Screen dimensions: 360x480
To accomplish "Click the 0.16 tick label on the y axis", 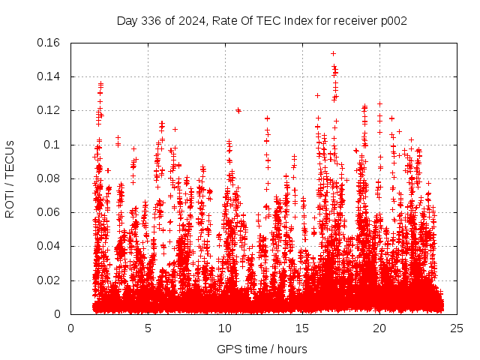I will click(x=49, y=43).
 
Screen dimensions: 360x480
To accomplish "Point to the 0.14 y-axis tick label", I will click(x=49, y=76).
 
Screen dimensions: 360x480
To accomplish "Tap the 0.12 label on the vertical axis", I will click(x=49, y=110).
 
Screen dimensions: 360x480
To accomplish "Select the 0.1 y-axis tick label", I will click(x=55, y=145).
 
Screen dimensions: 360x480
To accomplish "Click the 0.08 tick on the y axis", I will click(x=49, y=178).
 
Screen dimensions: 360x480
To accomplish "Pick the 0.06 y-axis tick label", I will click(x=49, y=212).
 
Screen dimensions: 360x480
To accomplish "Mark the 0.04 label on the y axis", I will click(x=49, y=246).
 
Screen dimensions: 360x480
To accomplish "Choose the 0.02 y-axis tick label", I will click(x=49, y=280).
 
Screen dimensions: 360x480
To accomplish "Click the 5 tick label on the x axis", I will click(x=148, y=328).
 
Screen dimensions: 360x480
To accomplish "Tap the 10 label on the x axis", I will click(x=225, y=328).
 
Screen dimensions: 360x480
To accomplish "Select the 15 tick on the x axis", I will click(x=302, y=328).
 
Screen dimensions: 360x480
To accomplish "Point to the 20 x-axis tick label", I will click(x=379, y=328).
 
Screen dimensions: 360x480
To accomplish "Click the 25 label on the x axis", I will click(x=457, y=328).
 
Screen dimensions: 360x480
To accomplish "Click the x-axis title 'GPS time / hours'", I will click(x=262, y=349).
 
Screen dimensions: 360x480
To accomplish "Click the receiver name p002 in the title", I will click(x=392, y=20).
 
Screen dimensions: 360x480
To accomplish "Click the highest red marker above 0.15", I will click(x=333, y=53).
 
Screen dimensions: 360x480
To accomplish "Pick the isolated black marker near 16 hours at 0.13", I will click(x=317, y=95).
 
